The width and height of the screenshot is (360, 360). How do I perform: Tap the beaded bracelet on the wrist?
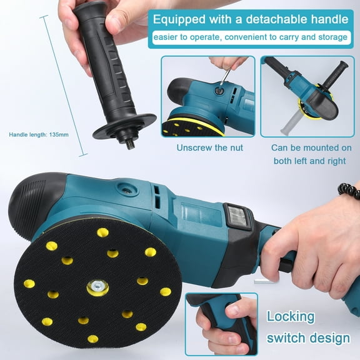coord(349,190)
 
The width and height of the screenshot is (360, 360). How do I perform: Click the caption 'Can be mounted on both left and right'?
coord(311,154)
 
